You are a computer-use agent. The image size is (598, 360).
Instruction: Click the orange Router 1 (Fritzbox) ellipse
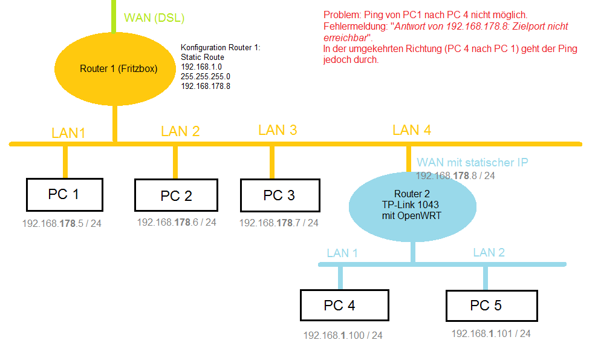(115, 68)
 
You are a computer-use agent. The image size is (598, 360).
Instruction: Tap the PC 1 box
(64, 194)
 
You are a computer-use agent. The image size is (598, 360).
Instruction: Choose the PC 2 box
(176, 195)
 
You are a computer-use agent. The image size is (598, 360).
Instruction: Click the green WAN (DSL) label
(154, 18)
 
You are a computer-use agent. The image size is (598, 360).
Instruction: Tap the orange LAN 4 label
(411, 129)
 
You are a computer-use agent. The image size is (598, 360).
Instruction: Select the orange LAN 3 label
(278, 129)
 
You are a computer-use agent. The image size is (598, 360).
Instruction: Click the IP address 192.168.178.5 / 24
(62, 223)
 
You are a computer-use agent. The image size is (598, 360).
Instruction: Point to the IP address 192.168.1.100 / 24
(342, 335)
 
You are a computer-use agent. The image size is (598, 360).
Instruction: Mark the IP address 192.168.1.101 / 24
(490, 333)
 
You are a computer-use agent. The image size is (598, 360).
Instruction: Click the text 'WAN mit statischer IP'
(472, 162)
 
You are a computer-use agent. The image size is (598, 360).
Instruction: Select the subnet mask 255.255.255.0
(206, 77)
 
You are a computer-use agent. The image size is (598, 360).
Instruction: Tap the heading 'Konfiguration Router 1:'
(220, 48)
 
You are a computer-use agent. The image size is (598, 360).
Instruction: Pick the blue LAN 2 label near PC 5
(489, 252)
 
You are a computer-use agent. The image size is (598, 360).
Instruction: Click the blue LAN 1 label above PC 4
(342, 253)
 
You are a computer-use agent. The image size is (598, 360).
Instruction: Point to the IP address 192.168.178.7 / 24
(278, 223)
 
